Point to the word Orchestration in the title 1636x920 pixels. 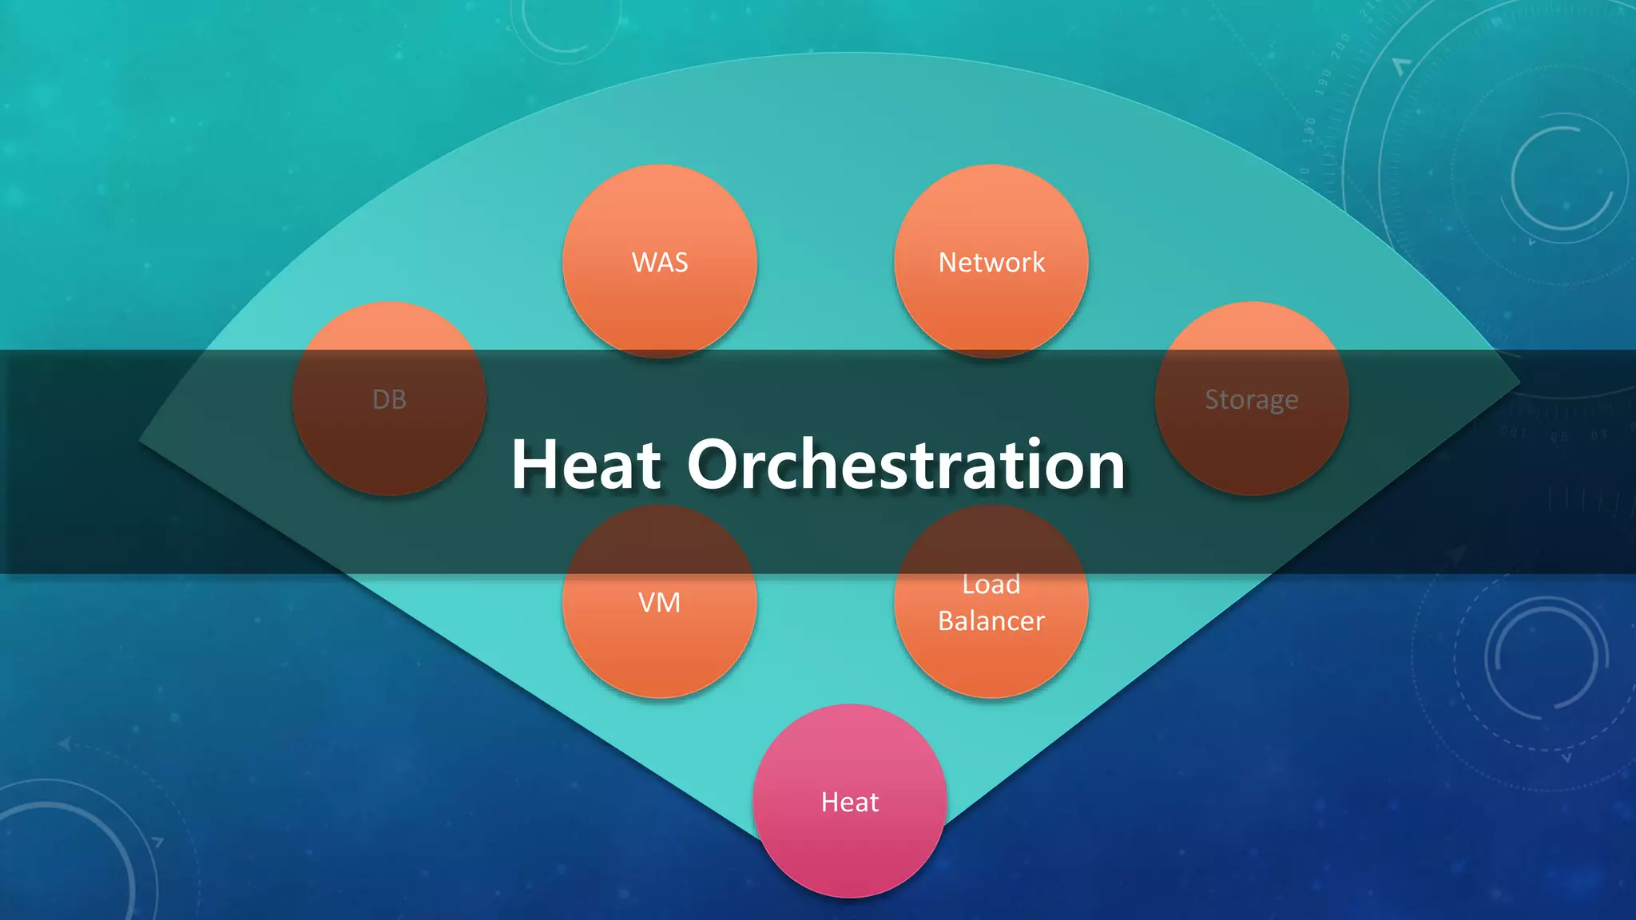click(x=906, y=465)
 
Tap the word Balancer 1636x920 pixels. click(x=991, y=621)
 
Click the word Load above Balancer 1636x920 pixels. click(x=991, y=585)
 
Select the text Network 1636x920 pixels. click(x=991, y=263)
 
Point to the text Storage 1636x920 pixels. click(x=1251, y=399)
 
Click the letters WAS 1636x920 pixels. click(x=659, y=263)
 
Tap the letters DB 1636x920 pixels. click(x=389, y=399)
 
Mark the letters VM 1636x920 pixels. click(x=659, y=602)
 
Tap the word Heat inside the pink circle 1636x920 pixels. click(x=850, y=802)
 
